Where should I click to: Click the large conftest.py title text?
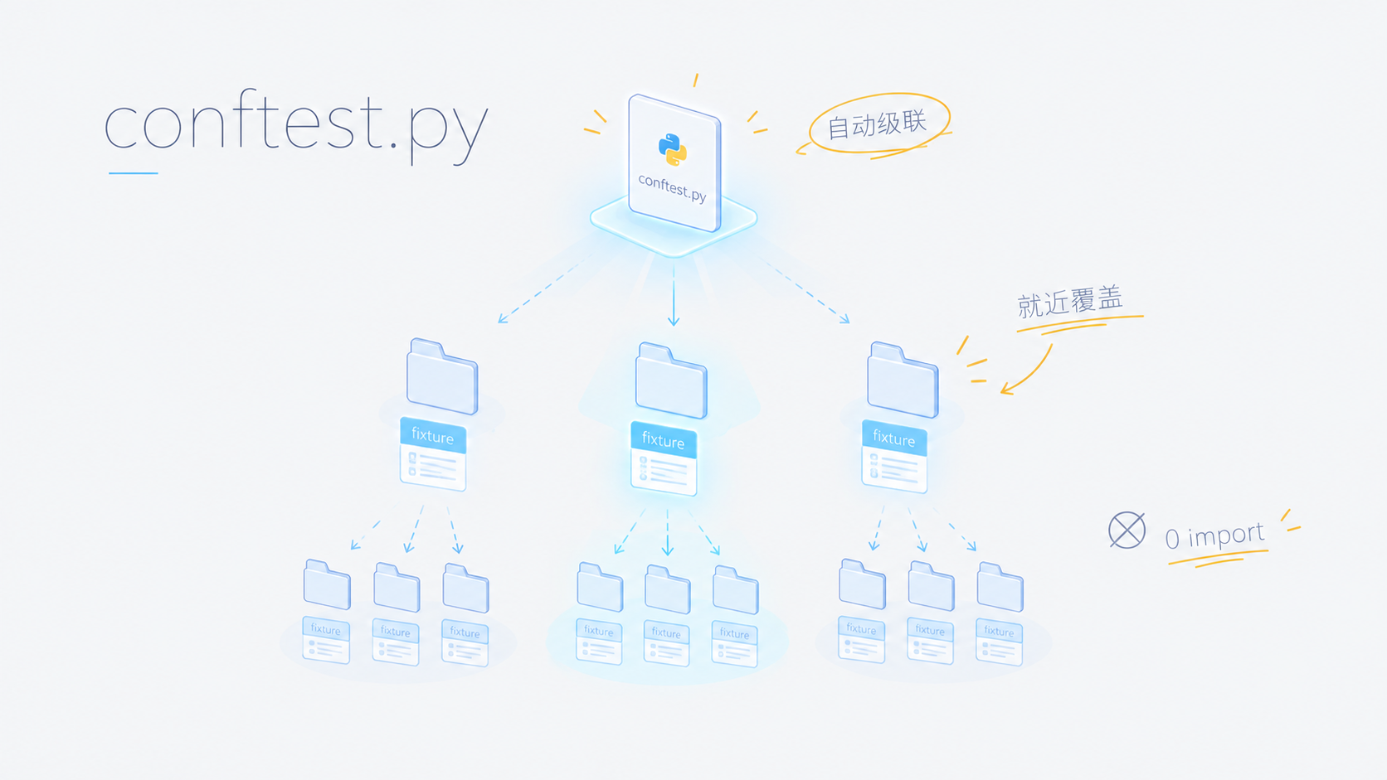click(x=297, y=127)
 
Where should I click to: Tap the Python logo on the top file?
click(x=673, y=149)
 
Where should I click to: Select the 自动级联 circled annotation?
click(x=878, y=124)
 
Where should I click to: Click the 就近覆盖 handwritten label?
click(x=1070, y=302)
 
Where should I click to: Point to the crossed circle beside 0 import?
click(x=1127, y=530)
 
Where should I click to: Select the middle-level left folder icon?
click(x=442, y=376)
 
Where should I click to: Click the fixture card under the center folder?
click(x=664, y=458)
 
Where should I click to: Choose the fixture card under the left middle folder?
click(x=433, y=454)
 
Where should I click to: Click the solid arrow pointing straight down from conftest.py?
click(x=674, y=294)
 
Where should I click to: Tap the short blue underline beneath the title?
click(x=133, y=173)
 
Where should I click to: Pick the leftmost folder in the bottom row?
click(x=327, y=584)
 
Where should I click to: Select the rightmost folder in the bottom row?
click(x=1000, y=586)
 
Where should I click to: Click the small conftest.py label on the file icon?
click(x=673, y=187)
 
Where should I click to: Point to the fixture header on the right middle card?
click(x=894, y=438)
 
